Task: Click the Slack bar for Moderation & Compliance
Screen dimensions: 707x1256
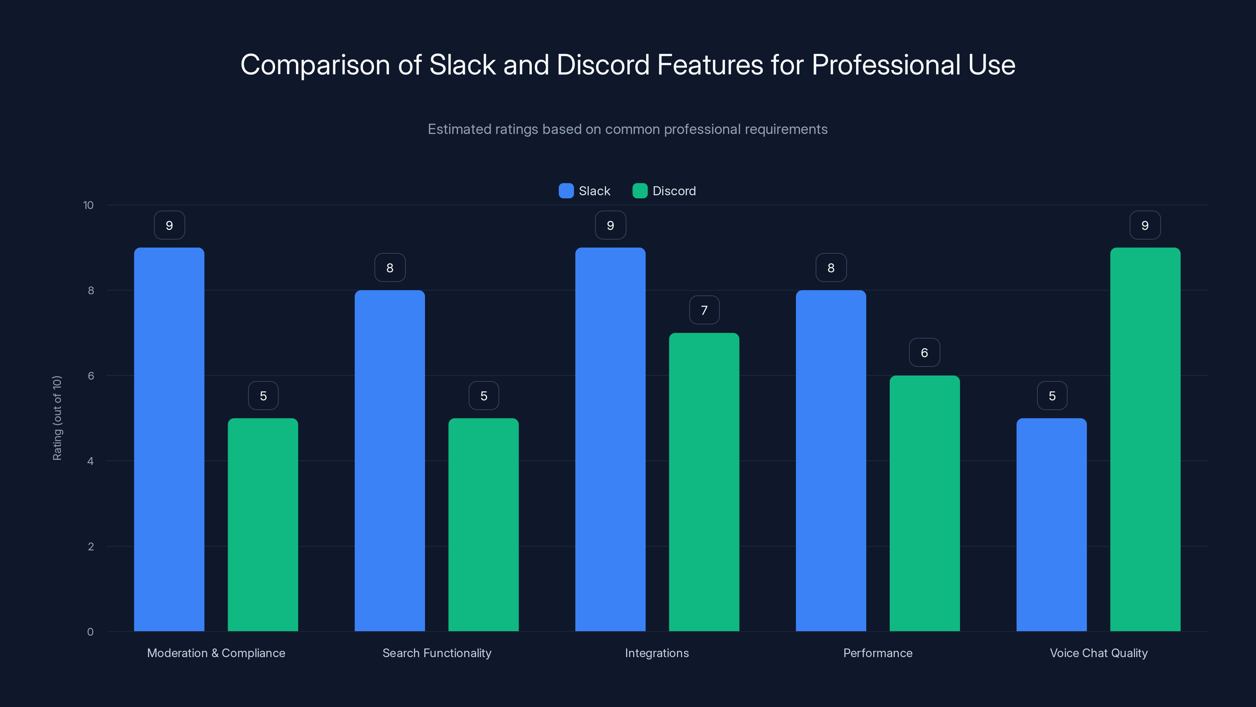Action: click(169, 439)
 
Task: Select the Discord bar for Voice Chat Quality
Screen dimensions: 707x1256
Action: click(1145, 439)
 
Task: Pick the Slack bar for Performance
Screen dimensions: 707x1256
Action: click(831, 461)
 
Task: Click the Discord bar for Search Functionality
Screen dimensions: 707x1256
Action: click(483, 524)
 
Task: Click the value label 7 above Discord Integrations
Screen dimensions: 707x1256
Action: click(704, 310)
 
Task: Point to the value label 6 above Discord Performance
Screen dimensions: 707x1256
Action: click(924, 352)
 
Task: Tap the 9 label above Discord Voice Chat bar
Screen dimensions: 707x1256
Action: click(1145, 225)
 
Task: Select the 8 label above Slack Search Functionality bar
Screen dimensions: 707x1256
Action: click(390, 267)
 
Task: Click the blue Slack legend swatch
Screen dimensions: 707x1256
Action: click(566, 191)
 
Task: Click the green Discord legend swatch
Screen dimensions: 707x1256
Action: click(640, 191)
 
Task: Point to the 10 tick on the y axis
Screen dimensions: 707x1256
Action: click(88, 205)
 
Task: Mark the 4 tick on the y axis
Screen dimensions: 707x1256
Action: click(90, 461)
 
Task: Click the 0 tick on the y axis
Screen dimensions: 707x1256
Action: click(90, 632)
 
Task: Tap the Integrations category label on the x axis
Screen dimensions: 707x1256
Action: click(657, 653)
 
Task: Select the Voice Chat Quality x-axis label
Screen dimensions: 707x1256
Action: click(1099, 653)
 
